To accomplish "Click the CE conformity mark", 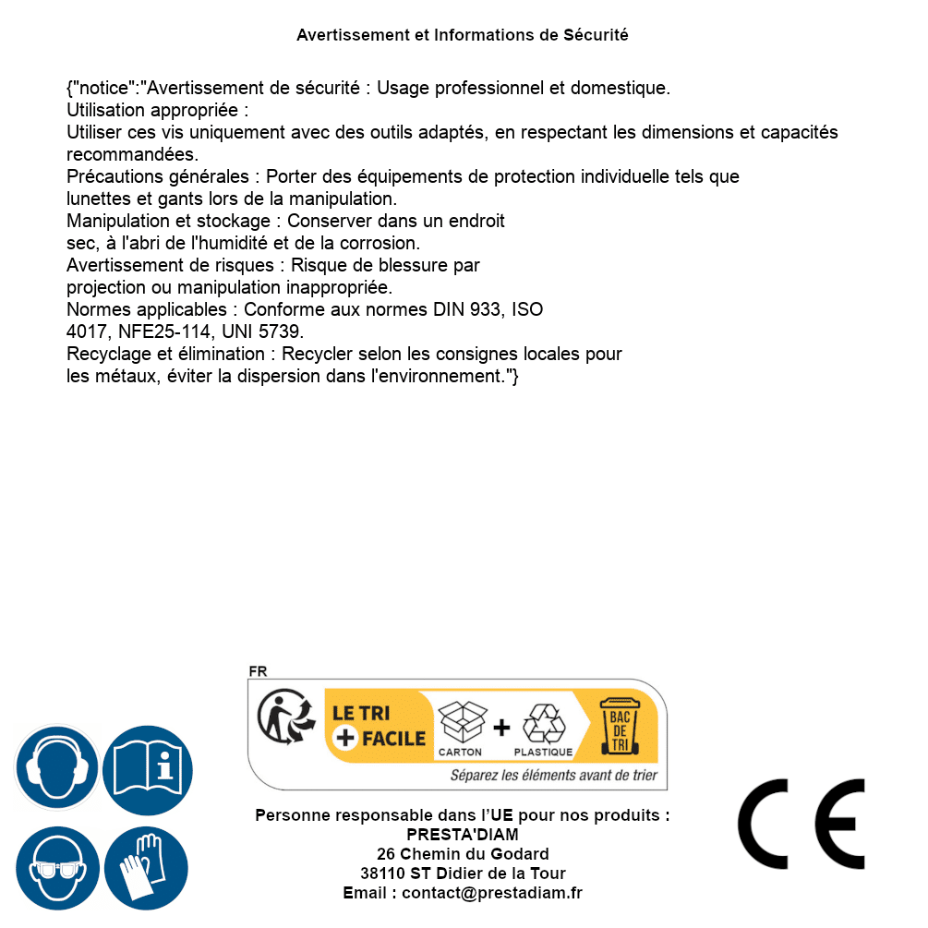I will pos(801,824).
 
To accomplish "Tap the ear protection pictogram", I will pos(56,766).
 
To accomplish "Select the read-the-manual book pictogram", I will pos(147,766).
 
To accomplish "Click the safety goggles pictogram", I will pos(56,868).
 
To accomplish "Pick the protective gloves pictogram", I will pos(147,868).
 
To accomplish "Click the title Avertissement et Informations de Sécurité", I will pos(462,35).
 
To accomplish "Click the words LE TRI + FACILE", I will pos(379,726).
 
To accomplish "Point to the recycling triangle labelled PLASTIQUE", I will pos(543,724).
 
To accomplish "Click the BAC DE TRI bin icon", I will pos(619,726).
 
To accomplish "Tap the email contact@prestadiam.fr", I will pos(492,893).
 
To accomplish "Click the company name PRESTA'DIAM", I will pos(463,835).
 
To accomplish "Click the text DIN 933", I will pos(467,310).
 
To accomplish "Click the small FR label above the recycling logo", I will pos(258,672).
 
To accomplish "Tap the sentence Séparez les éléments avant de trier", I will pos(553,776).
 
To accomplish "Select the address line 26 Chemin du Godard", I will pos(463,854).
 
